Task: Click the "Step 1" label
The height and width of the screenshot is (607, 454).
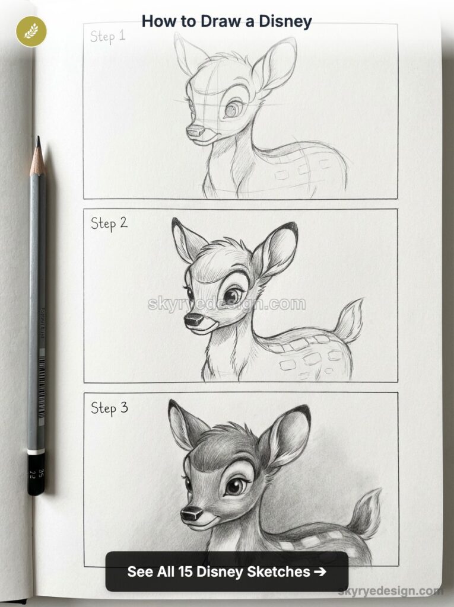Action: (107, 36)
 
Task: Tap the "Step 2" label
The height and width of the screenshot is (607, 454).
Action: (109, 223)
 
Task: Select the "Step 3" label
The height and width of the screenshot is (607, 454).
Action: (109, 408)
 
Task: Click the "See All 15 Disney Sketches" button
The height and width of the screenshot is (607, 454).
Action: (227, 571)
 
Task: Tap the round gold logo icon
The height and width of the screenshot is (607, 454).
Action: (27, 30)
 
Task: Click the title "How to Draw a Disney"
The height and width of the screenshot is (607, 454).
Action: (227, 21)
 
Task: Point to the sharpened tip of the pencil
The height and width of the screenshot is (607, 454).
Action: (38, 143)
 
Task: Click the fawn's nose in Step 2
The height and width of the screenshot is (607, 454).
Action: (193, 320)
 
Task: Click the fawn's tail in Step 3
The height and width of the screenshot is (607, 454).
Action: (366, 513)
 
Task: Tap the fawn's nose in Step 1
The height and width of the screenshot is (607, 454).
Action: (195, 131)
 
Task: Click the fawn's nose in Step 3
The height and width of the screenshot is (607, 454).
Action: (191, 513)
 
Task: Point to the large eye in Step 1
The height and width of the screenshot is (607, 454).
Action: (233, 109)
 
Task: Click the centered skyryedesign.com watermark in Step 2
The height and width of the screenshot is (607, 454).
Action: (227, 304)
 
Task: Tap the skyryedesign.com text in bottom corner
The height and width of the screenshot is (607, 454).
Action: (390, 590)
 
